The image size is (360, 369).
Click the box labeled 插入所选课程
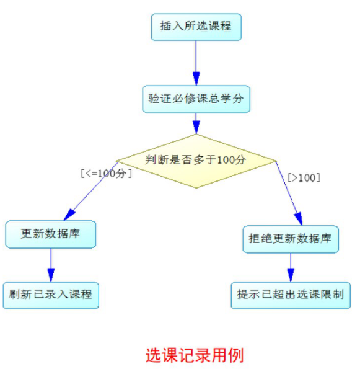[196, 27]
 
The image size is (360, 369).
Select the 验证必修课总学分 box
[196, 99]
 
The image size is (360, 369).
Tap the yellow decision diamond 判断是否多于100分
[196, 161]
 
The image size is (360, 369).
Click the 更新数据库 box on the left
[51, 234]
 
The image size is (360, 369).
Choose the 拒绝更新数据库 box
[291, 239]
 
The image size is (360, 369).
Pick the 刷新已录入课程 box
[51, 295]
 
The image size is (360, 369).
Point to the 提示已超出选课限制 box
[291, 295]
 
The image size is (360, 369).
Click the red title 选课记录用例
[195, 355]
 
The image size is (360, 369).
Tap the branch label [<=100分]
[106, 174]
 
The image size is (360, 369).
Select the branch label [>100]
[304, 177]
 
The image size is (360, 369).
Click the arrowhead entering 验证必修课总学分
[196, 79]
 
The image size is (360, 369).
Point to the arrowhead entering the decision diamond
[196, 127]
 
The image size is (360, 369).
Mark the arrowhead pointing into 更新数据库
[69, 215]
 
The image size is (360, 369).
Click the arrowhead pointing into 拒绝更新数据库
[299, 219]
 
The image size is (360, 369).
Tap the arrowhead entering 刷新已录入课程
[51, 275]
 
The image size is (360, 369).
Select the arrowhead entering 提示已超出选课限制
[291, 275]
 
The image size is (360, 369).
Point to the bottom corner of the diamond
[196, 188]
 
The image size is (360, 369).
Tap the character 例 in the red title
[236, 355]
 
